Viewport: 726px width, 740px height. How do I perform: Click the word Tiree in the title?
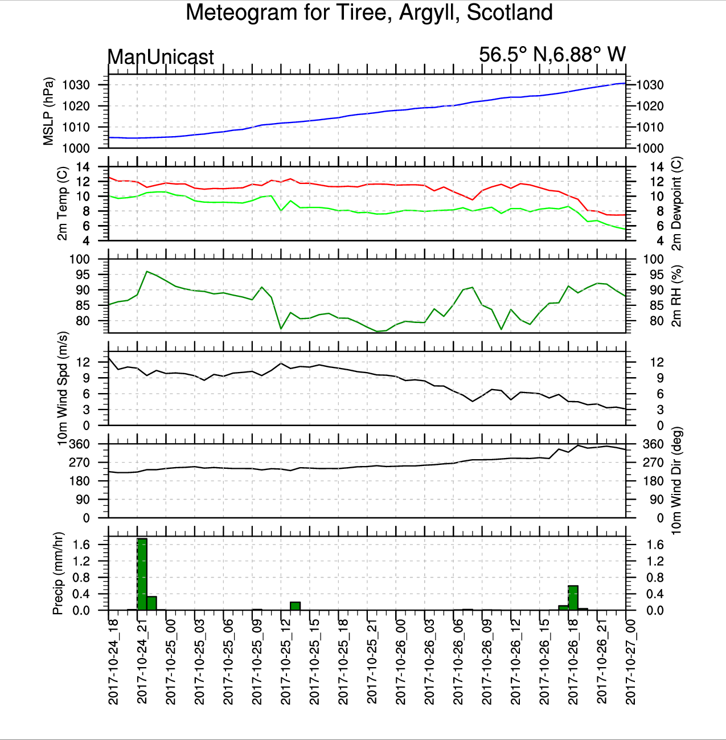(x=364, y=13)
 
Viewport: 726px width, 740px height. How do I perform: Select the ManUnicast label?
(x=161, y=57)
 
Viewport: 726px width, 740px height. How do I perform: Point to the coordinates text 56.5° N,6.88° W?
(x=552, y=55)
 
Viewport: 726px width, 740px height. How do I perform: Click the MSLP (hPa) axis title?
(x=49, y=111)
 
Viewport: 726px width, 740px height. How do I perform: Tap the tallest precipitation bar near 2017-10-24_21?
(x=142, y=574)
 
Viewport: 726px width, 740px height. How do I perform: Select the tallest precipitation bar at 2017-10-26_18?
(x=573, y=598)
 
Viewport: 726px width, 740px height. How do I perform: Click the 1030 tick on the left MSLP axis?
(x=76, y=85)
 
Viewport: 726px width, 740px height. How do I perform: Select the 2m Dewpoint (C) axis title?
(x=676, y=203)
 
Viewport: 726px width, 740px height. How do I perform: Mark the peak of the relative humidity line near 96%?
(x=147, y=272)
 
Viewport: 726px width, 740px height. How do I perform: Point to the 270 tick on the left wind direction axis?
(x=80, y=463)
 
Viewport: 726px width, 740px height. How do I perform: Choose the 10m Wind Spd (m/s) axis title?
(x=63, y=389)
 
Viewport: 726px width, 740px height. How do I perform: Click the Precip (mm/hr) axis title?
(x=58, y=574)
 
